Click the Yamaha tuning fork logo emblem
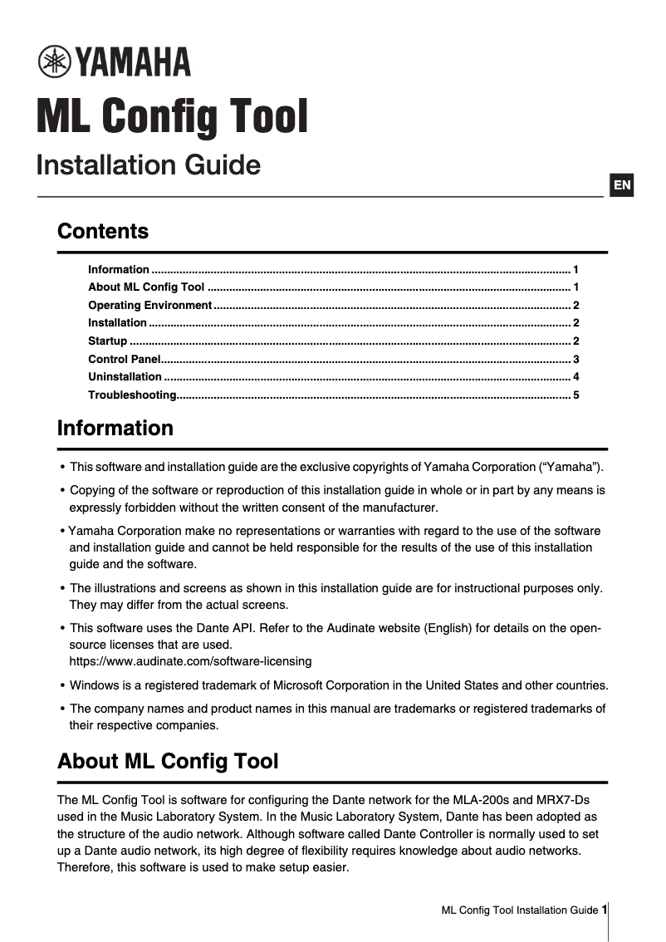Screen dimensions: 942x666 55,61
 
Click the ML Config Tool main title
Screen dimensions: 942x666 172,116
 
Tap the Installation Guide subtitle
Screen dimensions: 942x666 148,164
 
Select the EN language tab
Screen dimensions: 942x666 622,184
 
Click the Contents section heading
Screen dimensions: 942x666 103,231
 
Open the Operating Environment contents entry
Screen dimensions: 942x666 149,305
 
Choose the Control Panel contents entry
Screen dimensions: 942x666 124,359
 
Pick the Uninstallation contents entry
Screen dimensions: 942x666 125,376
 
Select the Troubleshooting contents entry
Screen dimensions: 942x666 132,395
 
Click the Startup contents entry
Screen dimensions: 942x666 107,341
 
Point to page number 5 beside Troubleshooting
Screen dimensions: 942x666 575,395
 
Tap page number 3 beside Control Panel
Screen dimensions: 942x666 575,359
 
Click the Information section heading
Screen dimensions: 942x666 115,428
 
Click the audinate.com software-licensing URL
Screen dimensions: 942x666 190,661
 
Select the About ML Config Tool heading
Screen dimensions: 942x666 168,761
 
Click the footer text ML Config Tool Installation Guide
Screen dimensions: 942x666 519,910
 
